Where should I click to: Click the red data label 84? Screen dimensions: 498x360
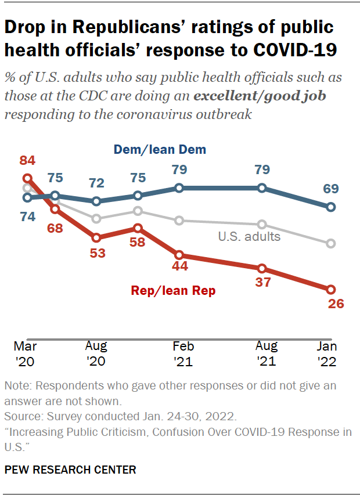(x=27, y=160)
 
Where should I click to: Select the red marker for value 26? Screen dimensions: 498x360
(x=331, y=289)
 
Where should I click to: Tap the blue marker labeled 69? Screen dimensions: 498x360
(x=331, y=207)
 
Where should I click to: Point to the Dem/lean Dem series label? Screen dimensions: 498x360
(x=160, y=150)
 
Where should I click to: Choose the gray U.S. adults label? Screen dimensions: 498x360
(x=249, y=236)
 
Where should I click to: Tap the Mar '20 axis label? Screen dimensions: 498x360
(x=27, y=353)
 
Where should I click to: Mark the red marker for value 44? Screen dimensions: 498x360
(x=179, y=255)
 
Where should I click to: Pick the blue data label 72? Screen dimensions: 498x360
(x=96, y=183)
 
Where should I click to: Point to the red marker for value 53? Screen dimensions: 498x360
(x=96, y=237)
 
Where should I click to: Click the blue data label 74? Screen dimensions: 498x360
(x=27, y=216)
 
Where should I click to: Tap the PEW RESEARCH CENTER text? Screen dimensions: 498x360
(x=70, y=470)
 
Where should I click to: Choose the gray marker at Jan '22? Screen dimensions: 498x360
(x=331, y=243)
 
